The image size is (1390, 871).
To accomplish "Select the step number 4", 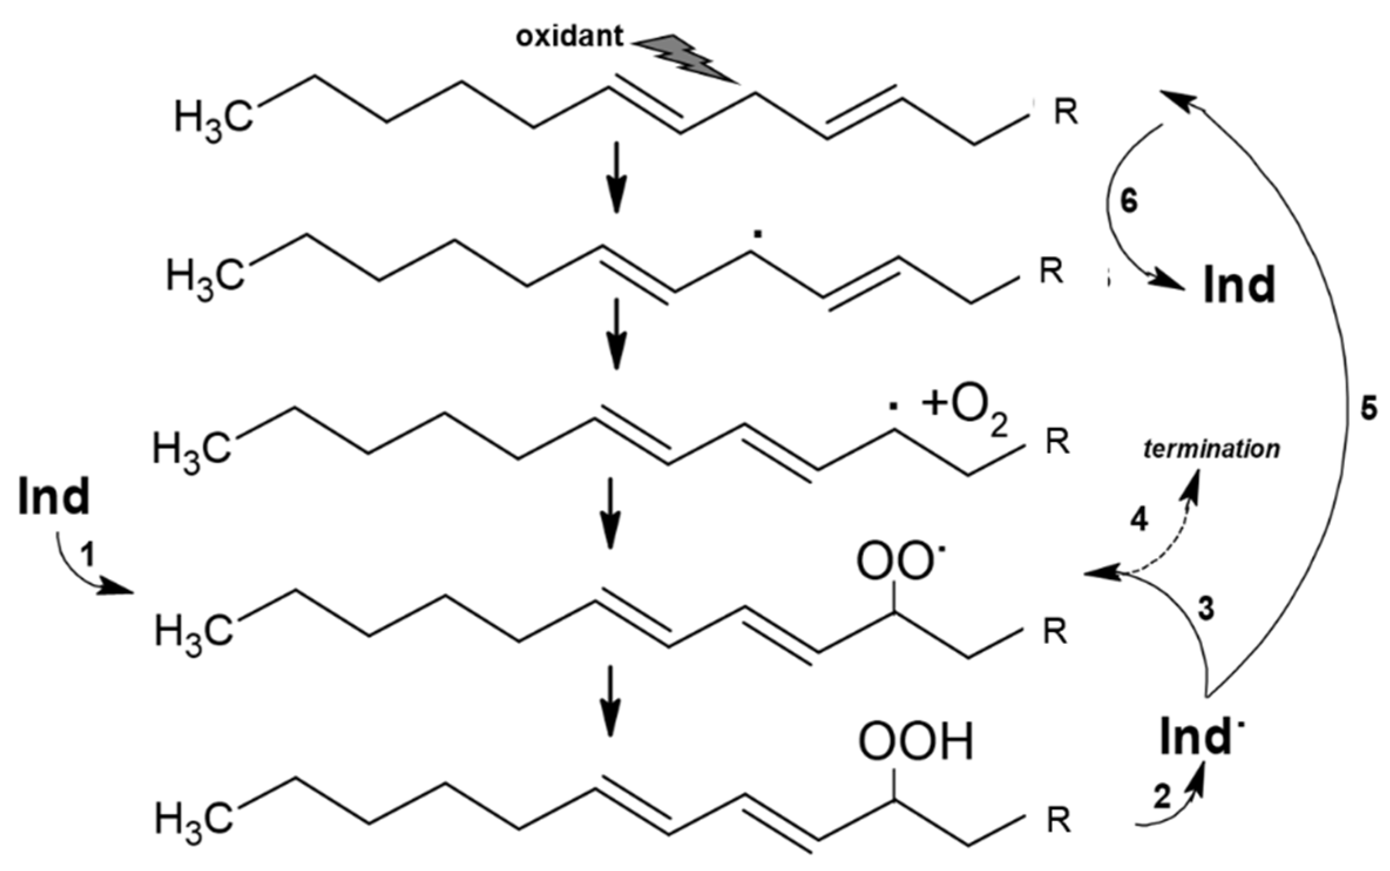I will coord(1138,521).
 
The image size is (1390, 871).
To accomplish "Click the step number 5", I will coord(1368,409).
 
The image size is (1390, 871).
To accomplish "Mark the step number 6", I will coord(1128,201).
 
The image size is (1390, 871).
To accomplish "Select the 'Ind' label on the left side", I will coord(54,497).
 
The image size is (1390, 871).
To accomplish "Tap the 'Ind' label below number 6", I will coord(1239,285).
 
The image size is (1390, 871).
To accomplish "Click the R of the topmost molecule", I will coord(1065,113).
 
